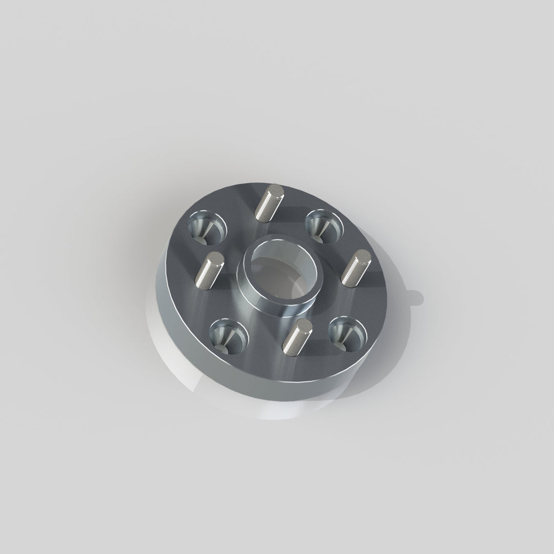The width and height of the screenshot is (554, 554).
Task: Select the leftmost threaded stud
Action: click(x=208, y=272)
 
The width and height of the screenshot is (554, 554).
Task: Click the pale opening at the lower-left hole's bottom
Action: click(x=222, y=347)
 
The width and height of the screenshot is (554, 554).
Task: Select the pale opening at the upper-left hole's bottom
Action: click(x=201, y=239)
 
